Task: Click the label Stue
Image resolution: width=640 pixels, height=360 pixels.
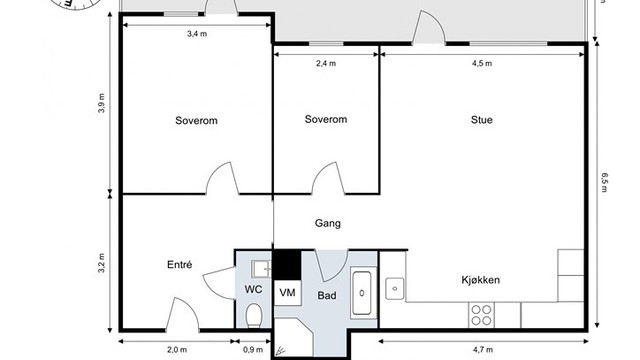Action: point(481,120)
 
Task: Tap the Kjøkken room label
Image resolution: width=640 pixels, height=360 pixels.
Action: point(481,280)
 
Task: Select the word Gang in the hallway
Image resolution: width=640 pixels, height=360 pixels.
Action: point(327,224)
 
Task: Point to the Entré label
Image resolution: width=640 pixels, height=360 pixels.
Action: point(179,265)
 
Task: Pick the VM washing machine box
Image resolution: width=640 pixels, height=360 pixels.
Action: point(288,292)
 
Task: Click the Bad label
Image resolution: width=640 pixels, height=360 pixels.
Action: point(328,297)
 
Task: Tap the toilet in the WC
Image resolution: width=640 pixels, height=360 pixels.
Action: point(255,317)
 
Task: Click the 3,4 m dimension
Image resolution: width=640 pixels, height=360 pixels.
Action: point(197,34)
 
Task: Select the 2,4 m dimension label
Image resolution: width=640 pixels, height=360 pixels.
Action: point(326,63)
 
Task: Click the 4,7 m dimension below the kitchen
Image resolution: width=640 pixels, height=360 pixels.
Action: point(481,350)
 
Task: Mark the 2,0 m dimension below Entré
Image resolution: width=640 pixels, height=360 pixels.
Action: point(176,350)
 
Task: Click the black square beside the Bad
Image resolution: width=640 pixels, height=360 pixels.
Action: point(288,264)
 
